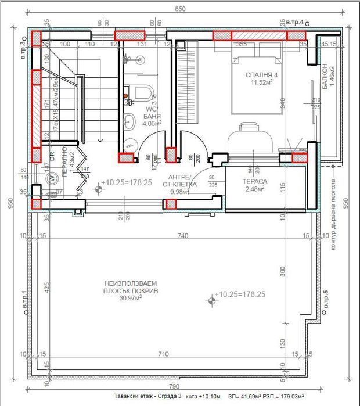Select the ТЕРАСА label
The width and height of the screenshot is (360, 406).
[x=254, y=181]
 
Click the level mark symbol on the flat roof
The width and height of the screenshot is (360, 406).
[x=210, y=300]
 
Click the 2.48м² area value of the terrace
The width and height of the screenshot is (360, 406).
[x=254, y=189]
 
